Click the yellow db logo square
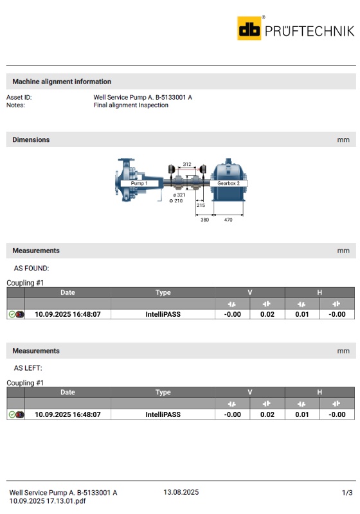pyautogui.click(x=249, y=28)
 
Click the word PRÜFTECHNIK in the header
pyautogui.click(x=309, y=31)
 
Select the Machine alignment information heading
pyautogui.click(x=62, y=82)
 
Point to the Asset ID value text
pyautogui.click(x=143, y=98)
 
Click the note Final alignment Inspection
pyautogui.click(x=130, y=105)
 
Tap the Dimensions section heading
pyautogui.click(x=31, y=139)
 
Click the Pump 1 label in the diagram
pyautogui.click(x=139, y=183)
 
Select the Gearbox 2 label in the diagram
pyautogui.click(x=228, y=183)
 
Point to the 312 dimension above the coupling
pyautogui.click(x=187, y=164)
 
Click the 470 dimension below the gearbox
pyautogui.click(x=228, y=220)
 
